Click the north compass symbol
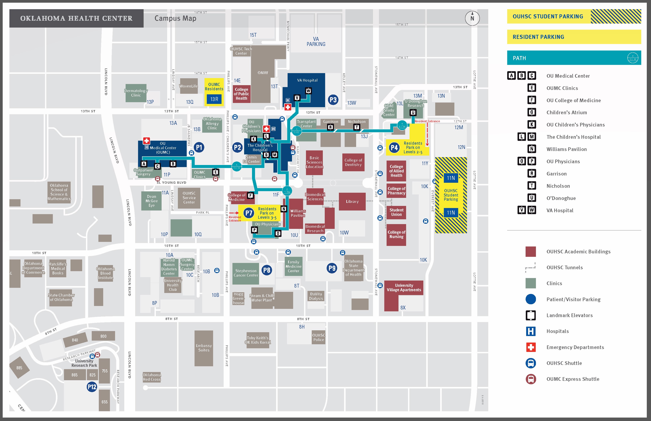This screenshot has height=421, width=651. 472,18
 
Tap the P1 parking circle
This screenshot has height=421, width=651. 199,147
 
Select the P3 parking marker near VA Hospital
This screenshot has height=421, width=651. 333,100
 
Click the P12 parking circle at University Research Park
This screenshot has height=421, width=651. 92,387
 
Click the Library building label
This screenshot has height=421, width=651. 352,202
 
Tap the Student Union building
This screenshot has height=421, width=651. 396,212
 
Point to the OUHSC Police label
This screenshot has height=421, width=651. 319,338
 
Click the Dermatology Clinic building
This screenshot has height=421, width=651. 136,93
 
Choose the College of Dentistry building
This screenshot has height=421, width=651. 353,162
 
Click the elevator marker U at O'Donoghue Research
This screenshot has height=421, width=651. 413,112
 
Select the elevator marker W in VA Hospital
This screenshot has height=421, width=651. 308,91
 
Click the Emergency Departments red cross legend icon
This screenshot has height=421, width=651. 531,347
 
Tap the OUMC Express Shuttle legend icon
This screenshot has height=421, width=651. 531,379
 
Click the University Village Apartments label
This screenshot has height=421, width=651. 404,288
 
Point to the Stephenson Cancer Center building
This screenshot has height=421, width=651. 246,273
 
